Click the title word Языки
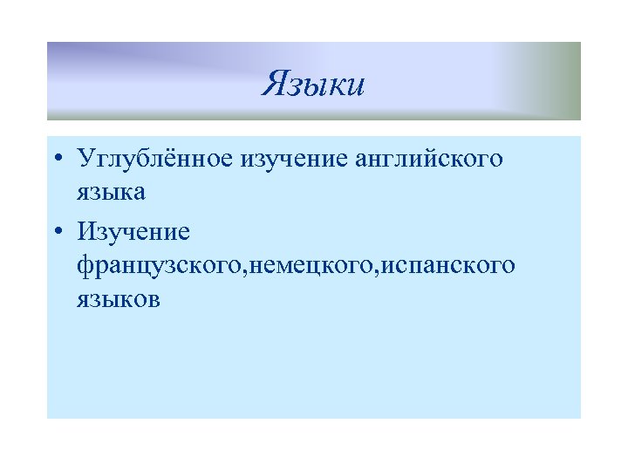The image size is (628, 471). tap(313, 85)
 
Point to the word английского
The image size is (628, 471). tap(429, 160)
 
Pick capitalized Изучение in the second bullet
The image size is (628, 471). tap(133, 232)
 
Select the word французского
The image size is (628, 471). tap(161, 265)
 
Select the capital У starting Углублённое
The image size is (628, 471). tap(85, 160)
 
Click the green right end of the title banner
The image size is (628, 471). tap(563, 80)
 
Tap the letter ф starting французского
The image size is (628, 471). tap(85, 265)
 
